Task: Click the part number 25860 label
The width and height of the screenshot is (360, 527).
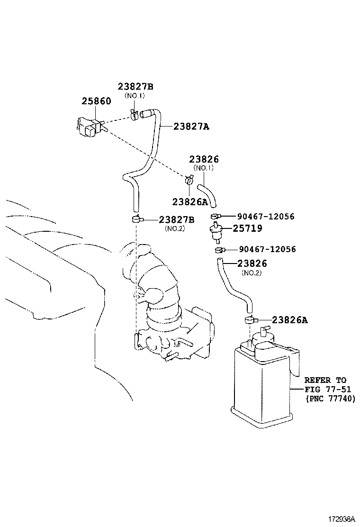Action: click(96, 101)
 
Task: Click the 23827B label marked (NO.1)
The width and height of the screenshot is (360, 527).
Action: click(135, 87)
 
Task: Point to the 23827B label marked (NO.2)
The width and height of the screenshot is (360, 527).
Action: click(177, 219)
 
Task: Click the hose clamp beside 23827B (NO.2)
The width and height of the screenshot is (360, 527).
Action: click(136, 219)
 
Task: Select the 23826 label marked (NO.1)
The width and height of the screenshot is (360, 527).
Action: click(204, 160)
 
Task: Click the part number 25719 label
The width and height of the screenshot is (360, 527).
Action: click(247, 228)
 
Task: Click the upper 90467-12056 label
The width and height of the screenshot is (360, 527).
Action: click(267, 217)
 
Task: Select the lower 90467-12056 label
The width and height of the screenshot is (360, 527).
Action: click(267, 249)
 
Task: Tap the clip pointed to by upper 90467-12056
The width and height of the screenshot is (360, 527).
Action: click(216, 217)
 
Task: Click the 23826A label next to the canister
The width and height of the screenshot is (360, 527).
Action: click(289, 320)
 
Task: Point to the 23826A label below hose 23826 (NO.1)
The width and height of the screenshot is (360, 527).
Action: click(190, 201)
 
